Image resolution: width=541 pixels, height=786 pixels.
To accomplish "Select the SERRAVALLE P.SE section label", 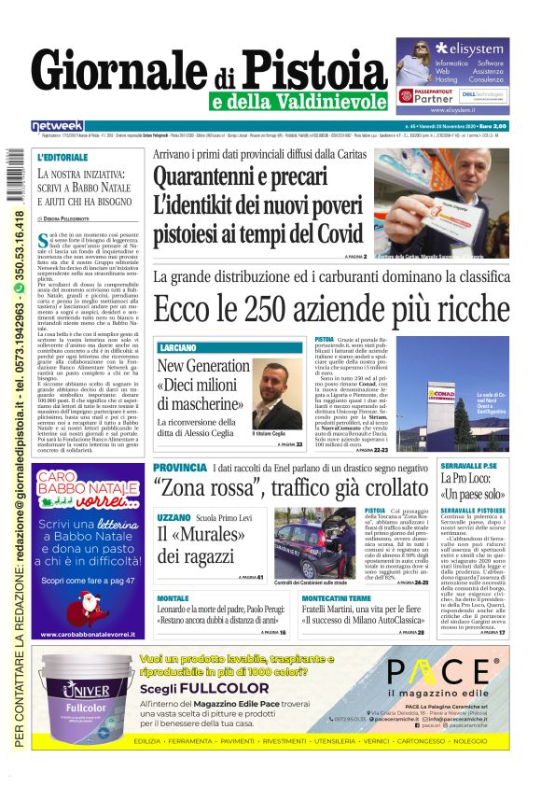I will coord(469,466).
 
